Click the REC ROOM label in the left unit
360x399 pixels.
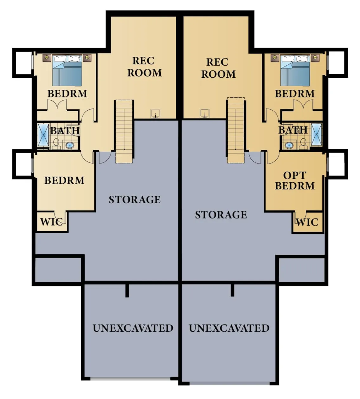coord(144,67)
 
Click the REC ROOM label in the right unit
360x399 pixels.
coord(218,68)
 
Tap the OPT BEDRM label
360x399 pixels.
coord(295,180)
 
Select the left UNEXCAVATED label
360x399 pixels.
coord(133,328)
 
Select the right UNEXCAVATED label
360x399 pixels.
coord(229,328)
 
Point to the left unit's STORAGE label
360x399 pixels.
coord(135,199)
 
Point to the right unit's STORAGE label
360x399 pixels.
coord(221,215)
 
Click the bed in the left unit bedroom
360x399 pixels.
coord(67,71)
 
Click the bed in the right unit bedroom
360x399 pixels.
coord(295,71)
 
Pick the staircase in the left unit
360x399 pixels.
coord(124,131)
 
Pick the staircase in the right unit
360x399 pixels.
coord(235,131)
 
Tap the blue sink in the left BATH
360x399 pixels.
coord(69,146)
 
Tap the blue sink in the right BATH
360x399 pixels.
coord(289,146)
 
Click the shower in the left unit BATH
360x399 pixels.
coord(43,135)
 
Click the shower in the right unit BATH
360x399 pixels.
coord(316,134)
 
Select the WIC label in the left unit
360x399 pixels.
coord(51,222)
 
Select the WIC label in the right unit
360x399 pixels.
coord(307,222)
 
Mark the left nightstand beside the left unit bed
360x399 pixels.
coord(47,58)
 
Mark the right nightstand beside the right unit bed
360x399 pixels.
coord(315,58)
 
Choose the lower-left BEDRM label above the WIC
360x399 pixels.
coord(64,180)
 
